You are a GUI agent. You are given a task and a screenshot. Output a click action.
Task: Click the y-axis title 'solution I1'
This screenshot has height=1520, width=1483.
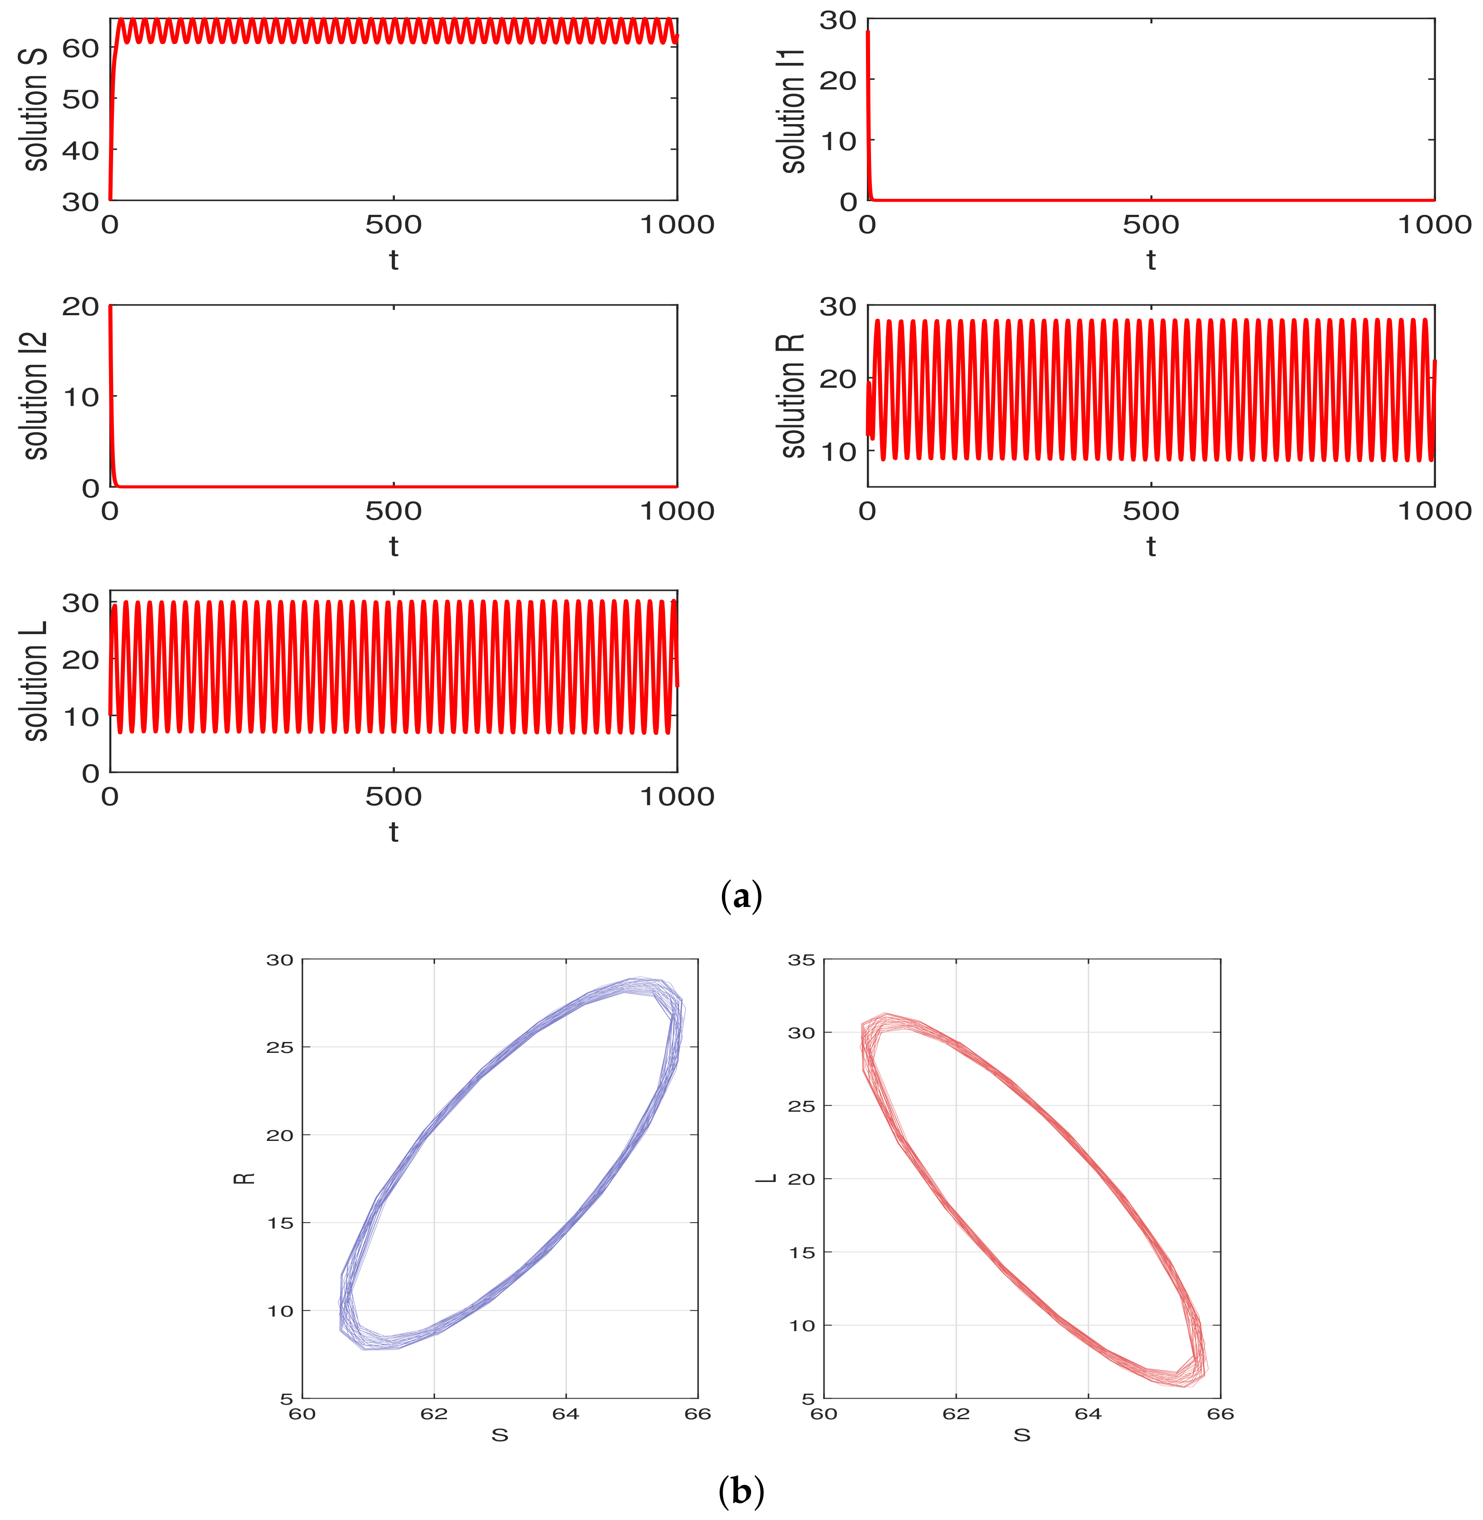(x=793, y=109)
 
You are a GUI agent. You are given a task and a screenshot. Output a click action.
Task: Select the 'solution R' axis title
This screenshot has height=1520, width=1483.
(x=793, y=396)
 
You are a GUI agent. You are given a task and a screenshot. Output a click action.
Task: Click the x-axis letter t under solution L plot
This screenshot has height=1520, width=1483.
(x=394, y=832)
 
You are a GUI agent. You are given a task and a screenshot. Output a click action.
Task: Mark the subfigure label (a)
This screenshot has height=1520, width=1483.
(x=741, y=897)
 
